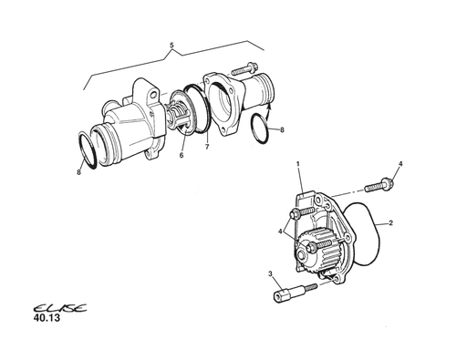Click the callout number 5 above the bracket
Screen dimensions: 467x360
171,46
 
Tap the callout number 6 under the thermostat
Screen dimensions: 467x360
182,155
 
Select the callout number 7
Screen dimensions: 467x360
207,147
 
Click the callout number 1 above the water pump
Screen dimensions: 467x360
298,164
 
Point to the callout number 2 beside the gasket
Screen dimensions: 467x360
391,223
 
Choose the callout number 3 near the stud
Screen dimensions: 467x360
270,274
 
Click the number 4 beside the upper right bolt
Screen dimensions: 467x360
400,164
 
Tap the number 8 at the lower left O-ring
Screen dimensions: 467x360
78,172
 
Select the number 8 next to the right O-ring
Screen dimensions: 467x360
282,129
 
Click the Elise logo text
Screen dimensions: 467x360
60,308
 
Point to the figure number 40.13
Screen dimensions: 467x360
47,318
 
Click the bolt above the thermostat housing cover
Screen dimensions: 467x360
244,68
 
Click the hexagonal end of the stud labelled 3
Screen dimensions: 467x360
280,296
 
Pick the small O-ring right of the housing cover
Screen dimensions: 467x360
260,129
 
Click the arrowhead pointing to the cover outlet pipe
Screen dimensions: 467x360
269,106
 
